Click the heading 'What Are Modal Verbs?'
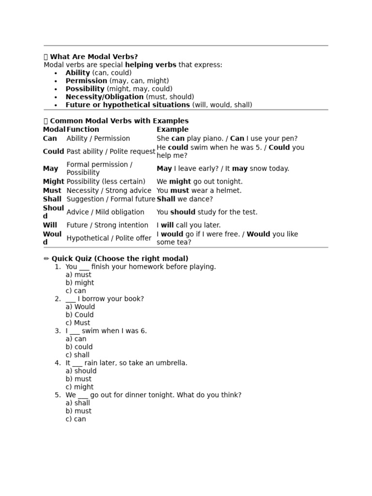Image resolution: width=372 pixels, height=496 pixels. [x=94, y=57]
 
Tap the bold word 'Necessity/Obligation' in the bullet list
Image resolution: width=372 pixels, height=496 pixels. [x=105, y=97]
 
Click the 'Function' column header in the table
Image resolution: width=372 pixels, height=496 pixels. [x=83, y=129]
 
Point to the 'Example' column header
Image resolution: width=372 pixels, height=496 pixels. [x=172, y=129]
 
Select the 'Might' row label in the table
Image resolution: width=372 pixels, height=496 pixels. [x=53, y=182]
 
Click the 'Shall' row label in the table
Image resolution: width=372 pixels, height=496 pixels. [x=52, y=199]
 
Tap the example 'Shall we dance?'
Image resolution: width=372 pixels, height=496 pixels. [x=185, y=199]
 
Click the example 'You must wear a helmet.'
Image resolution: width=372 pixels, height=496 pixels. [x=199, y=190]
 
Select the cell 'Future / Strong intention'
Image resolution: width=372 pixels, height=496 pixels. [x=108, y=225]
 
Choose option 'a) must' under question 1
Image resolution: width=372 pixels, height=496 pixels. [x=78, y=275]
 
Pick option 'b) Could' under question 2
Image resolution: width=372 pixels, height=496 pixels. [x=79, y=315]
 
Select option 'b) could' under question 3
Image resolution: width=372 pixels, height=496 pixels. [x=79, y=347]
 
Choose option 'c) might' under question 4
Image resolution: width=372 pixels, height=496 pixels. [x=79, y=387]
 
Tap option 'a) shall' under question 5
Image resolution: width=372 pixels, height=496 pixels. [x=77, y=403]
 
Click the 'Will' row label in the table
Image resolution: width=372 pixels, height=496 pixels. [x=50, y=225]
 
